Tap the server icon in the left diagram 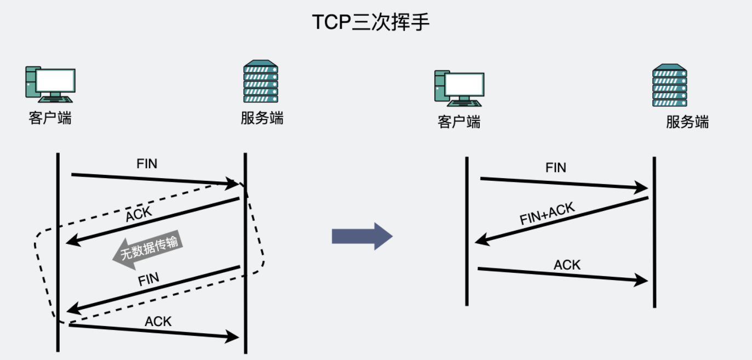click(261, 82)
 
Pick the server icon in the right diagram click(669, 85)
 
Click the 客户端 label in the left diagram click(50, 118)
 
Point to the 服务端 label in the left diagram click(262, 118)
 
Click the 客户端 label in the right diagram click(459, 122)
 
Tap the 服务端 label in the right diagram click(687, 122)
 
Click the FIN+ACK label click(547, 214)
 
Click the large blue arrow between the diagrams click(362, 236)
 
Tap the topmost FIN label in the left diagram click(147, 164)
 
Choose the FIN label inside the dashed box click(148, 279)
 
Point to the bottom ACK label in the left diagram click(158, 321)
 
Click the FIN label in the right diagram click(556, 168)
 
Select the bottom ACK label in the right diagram click(567, 265)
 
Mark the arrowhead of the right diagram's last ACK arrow click(642, 281)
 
